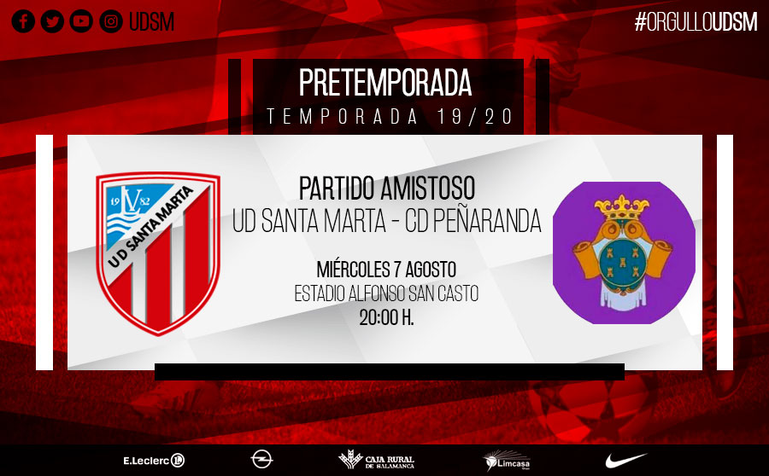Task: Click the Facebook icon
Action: click(23, 21)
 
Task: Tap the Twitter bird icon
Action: click(52, 21)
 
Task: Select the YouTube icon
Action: click(81, 21)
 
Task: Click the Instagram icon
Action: click(111, 21)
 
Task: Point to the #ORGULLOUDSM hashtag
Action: click(696, 22)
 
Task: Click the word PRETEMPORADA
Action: click(385, 83)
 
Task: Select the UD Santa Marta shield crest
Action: click(158, 253)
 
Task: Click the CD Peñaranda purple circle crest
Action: click(624, 253)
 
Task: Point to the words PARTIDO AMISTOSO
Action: click(387, 188)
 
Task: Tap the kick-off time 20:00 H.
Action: click(386, 318)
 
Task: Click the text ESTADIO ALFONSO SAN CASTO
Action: click(386, 293)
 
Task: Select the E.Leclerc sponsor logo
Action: click(154, 461)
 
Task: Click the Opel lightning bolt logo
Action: click(261, 460)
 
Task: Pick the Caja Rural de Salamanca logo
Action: click(376, 460)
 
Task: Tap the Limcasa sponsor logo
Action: click(507, 461)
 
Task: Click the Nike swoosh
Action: click(625, 461)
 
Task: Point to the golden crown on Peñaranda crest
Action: click(622, 206)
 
